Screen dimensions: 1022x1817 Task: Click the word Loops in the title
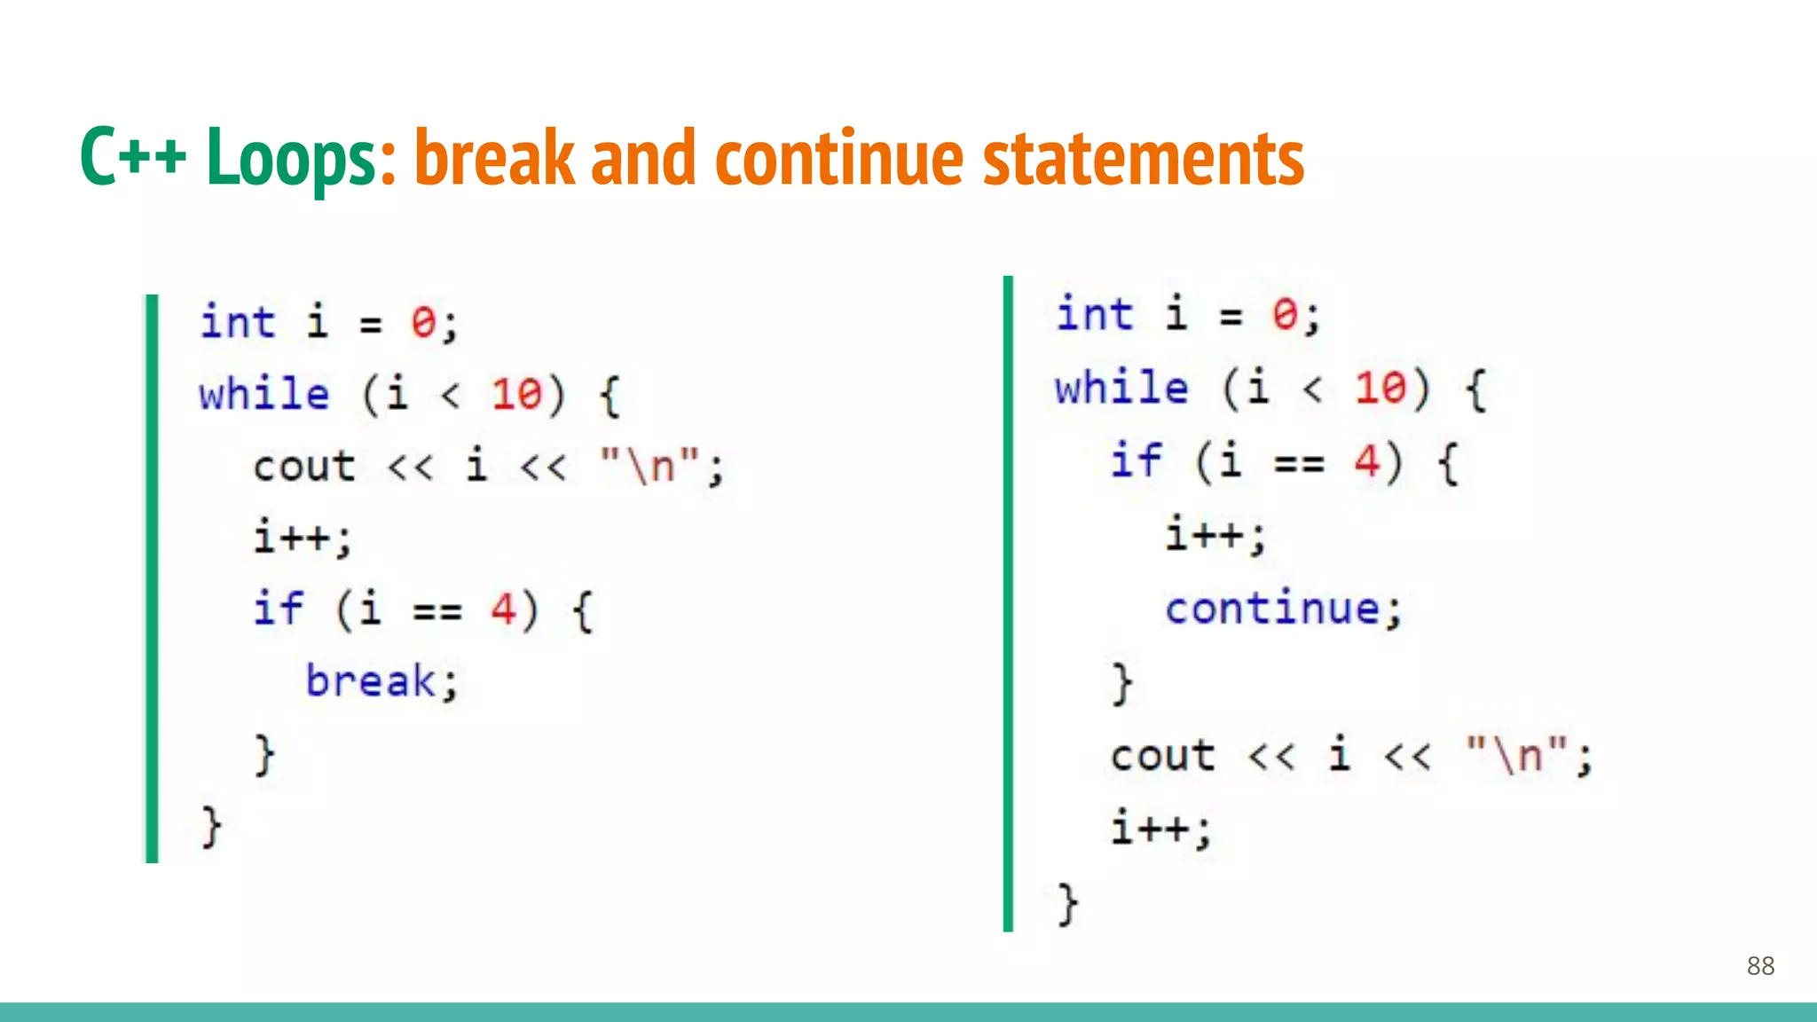[292, 158]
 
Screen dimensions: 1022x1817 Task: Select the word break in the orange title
[495, 158]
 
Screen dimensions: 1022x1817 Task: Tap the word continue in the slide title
[839, 158]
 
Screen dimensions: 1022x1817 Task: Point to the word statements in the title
[1144, 158]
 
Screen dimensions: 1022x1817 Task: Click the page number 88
[1760, 966]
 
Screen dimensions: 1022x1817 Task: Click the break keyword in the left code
[371, 681]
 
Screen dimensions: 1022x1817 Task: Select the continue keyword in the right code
[1272, 609]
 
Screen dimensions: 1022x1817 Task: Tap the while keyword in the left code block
[264, 394]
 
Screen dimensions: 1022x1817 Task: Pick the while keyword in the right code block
[1121, 388]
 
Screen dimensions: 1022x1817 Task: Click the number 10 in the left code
[516, 394]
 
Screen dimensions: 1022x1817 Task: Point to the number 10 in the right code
[1380, 388]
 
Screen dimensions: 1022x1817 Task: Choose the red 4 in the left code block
[503, 609]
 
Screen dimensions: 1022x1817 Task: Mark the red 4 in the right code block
[1366, 461]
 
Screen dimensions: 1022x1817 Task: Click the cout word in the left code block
[304, 467]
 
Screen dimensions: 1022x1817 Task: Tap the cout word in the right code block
[1162, 756]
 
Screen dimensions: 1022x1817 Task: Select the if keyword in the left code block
[278, 609]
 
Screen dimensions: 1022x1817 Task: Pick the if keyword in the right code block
[1136, 460]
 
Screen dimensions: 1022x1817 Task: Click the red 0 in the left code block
[423, 322]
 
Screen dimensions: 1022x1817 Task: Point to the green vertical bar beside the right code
[1008, 603]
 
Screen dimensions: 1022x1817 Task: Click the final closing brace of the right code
[1067, 904]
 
